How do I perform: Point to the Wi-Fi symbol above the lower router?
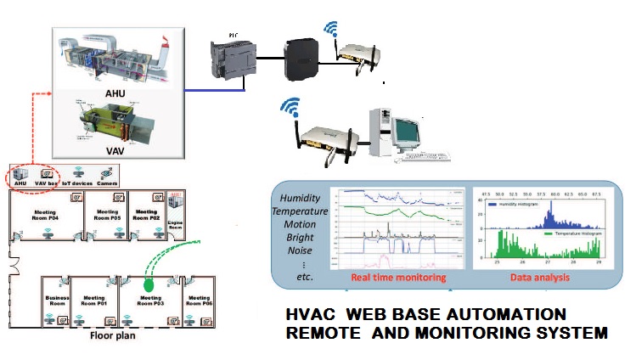(291, 109)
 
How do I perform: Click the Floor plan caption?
(114, 335)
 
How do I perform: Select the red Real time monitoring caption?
(387, 277)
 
